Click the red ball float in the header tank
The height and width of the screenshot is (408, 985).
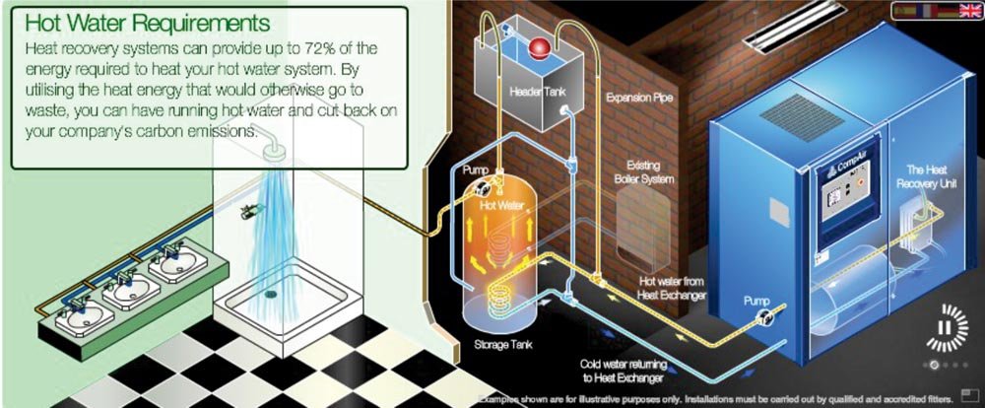click(539, 46)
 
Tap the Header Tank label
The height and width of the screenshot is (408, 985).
click(535, 92)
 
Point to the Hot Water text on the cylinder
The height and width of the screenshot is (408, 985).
click(501, 207)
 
